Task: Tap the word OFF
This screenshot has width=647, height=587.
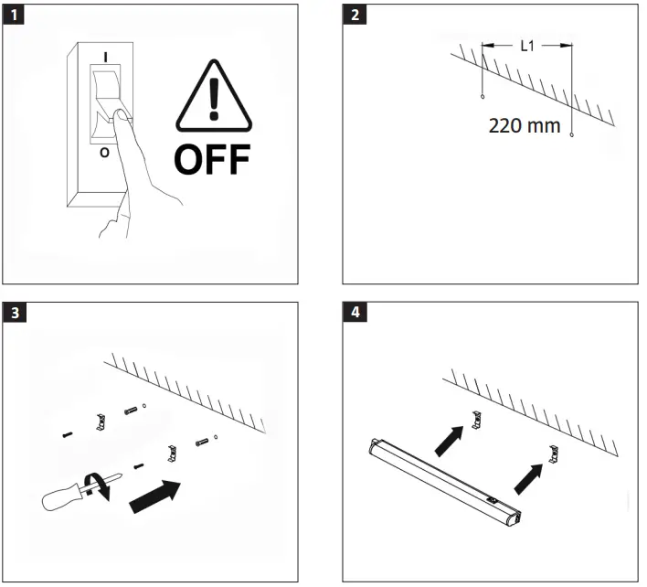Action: tap(212, 158)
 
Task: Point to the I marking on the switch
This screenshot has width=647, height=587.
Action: tap(108, 57)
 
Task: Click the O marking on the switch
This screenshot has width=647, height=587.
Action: tap(103, 153)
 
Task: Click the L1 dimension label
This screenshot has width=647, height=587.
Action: tap(527, 46)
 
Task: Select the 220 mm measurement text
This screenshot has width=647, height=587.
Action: tap(525, 125)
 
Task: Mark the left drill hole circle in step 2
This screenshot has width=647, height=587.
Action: tap(482, 95)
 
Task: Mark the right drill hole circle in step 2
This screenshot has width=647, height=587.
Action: tap(572, 135)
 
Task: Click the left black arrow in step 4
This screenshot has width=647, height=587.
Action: tap(448, 441)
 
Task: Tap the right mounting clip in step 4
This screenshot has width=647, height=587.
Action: tap(554, 452)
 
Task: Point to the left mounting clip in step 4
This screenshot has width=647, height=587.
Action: tap(476, 419)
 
